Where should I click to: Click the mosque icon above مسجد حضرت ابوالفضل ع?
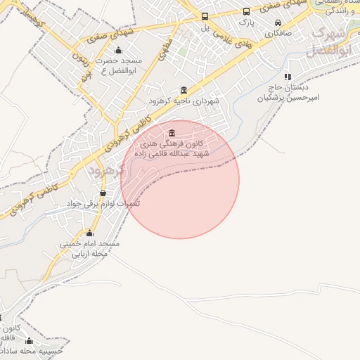click(118, 50)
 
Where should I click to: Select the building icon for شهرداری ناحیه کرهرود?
click(184, 89)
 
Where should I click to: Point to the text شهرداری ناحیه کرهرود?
click(184, 101)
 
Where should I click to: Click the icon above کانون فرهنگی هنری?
click(172, 134)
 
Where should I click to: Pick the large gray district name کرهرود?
click(107, 169)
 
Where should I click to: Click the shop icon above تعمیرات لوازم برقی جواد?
click(103, 193)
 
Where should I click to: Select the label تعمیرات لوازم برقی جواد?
click(103, 203)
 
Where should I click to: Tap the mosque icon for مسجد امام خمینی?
click(89, 233)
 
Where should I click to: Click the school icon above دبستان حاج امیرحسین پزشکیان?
click(287, 77)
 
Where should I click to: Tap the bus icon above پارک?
click(246, 12)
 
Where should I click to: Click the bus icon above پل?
click(205, 16)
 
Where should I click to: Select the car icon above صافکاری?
click(278, 22)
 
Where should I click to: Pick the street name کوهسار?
click(32, 21)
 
